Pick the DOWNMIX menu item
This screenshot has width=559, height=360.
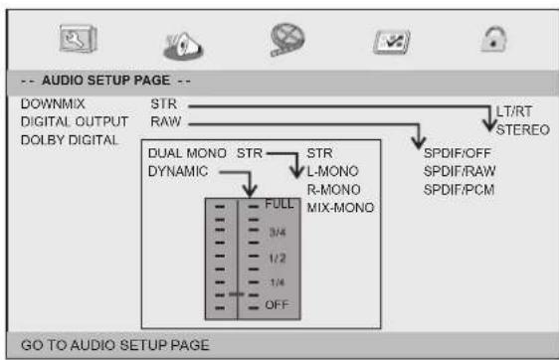pyautogui.click(x=50, y=102)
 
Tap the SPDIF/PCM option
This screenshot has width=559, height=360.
pyautogui.click(x=453, y=189)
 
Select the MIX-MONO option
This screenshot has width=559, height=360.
pyautogui.click(x=340, y=207)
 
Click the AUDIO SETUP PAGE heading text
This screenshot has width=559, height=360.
pyautogui.click(x=104, y=79)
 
